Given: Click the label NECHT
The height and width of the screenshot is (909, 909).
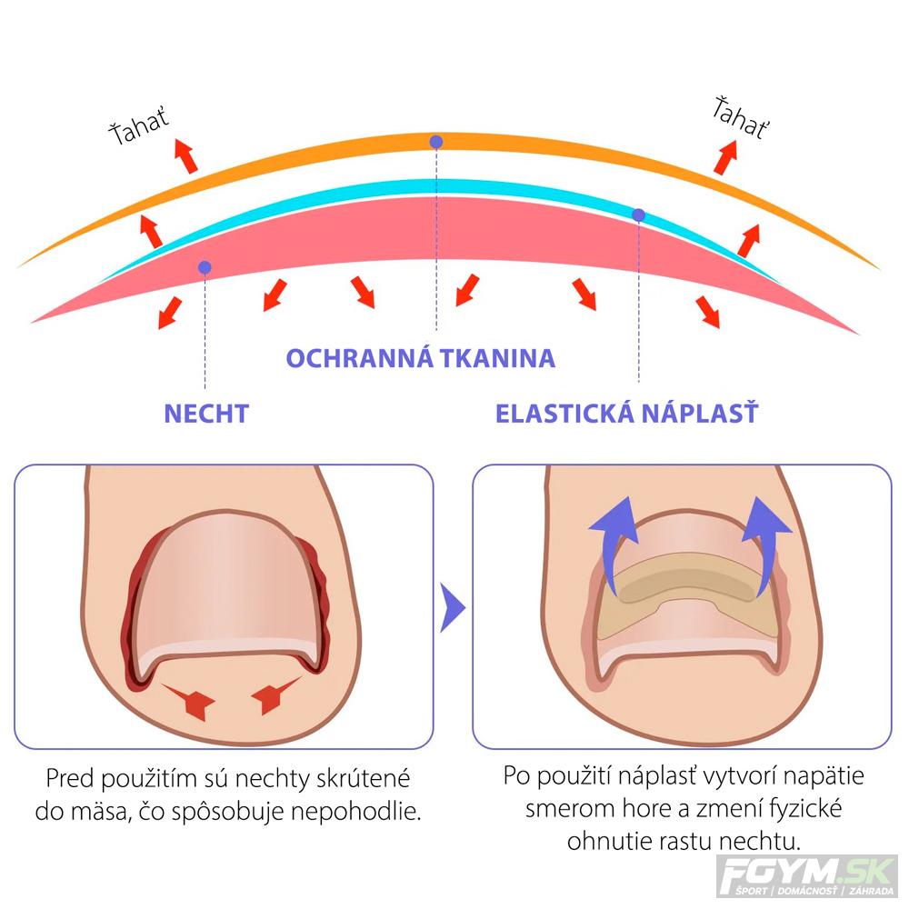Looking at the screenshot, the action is [x=206, y=414].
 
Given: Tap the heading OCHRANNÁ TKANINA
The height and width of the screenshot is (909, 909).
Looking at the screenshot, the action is [x=421, y=358].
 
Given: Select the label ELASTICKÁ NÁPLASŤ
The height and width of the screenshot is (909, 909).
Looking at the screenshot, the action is [x=626, y=414].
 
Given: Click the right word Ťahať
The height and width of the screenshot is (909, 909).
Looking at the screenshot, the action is [x=741, y=118].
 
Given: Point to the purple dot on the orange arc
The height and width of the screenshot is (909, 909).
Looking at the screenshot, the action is [x=436, y=142].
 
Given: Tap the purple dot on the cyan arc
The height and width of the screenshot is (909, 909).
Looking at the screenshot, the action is [x=638, y=215].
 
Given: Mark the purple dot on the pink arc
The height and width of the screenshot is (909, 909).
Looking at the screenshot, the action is [x=205, y=267].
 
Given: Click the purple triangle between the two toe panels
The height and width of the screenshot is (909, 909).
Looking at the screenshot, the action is [x=452, y=607].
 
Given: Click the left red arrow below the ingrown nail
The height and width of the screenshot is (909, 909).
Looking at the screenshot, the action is [x=189, y=700].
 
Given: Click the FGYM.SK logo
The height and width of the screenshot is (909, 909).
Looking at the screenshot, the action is [x=807, y=875].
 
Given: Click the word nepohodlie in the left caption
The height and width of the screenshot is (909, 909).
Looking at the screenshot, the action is [x=355, y=811].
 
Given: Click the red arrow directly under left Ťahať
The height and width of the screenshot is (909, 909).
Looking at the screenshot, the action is [x=186, y=156].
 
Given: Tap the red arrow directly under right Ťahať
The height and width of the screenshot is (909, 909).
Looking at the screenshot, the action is [x=725, y=157].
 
